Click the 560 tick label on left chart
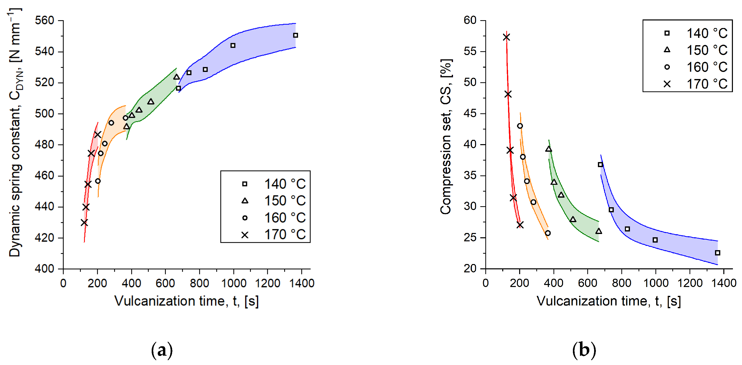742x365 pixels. click(x=44, y=20)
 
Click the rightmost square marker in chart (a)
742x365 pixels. click(x=295, y=35)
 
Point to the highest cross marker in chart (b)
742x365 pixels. click(x=506, y=37)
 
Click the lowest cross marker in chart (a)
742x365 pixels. click(x=84, y=223)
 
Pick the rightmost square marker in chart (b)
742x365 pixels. click(x=718, y=253)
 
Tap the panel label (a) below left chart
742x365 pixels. click(x=162, y=350)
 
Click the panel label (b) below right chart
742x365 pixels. click(x=584, y=350)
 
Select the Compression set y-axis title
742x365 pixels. click(x=446, y=137)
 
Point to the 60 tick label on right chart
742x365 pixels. click(x=470, y=20)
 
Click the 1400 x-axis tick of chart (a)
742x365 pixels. click(x=302, y=283)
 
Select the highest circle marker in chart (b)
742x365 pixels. click(x=520, y=126)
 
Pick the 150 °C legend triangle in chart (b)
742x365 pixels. click(x=667, y=50)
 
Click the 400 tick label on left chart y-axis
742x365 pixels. click(x=44, y=269)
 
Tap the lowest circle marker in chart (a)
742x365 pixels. click(x=98, y=181)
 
